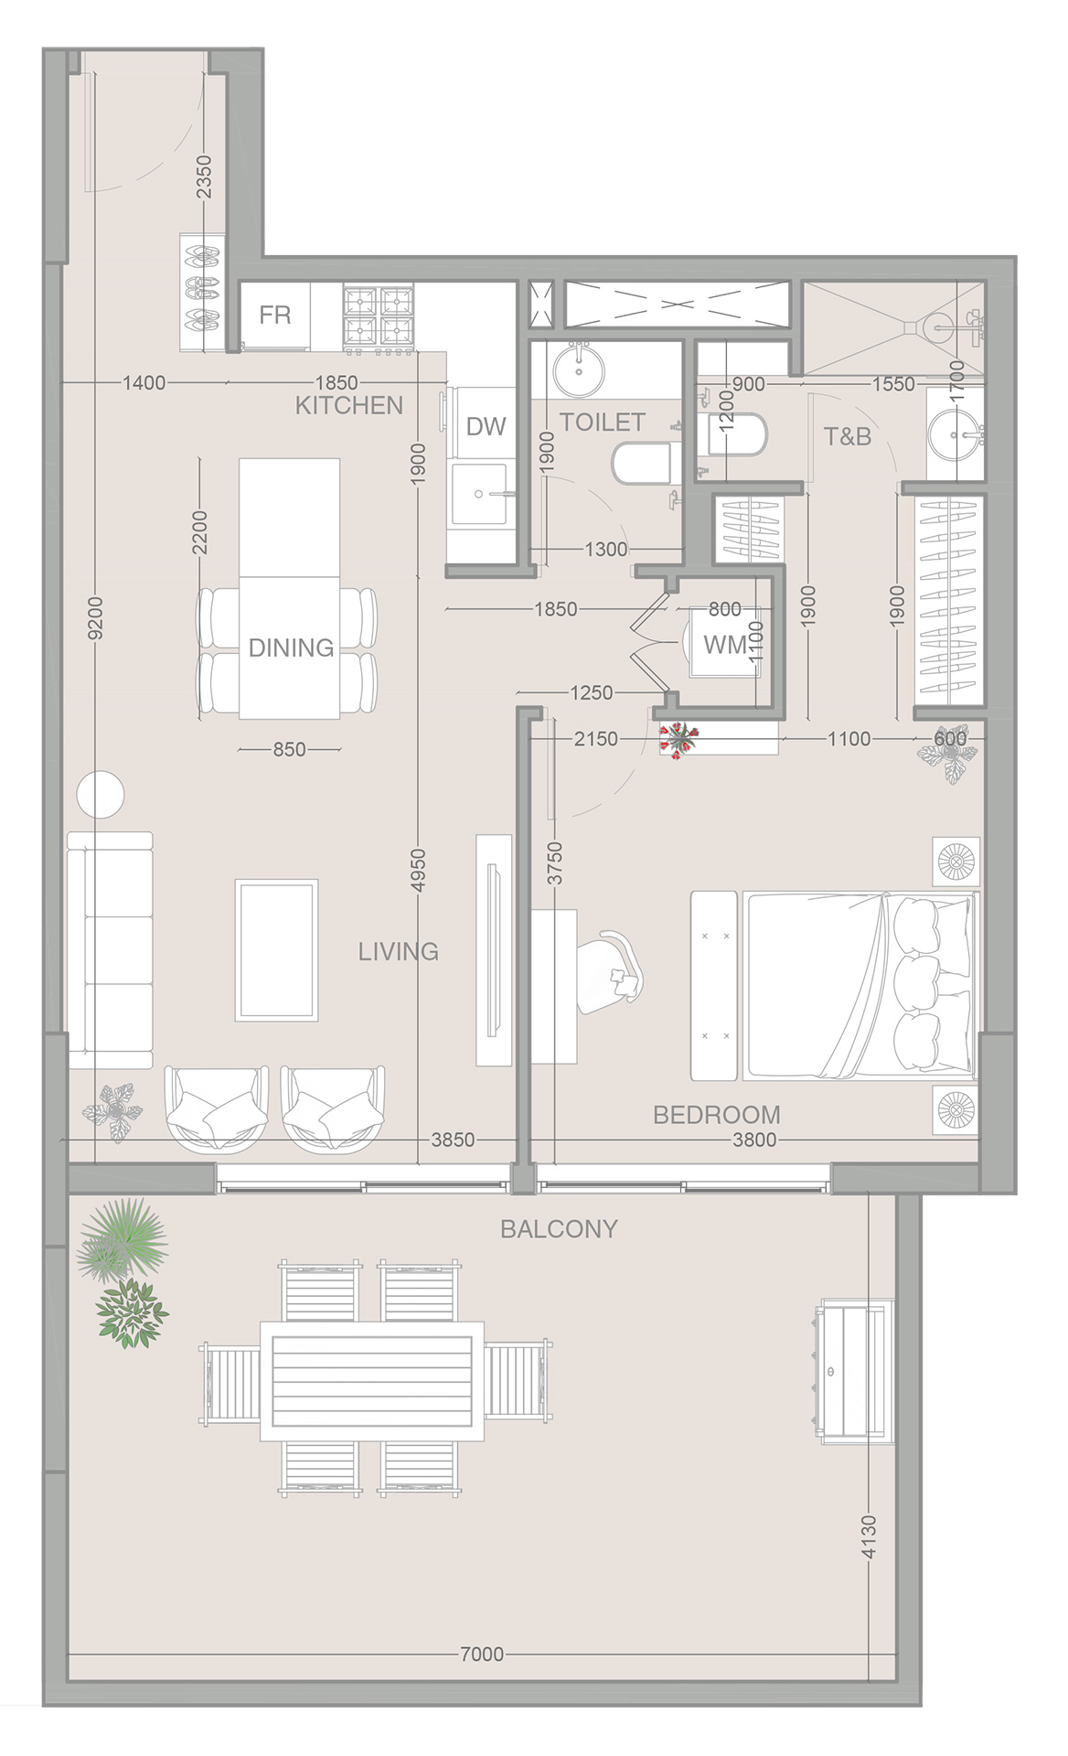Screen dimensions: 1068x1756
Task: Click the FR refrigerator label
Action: tap(275, 316)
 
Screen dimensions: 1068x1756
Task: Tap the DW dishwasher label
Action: tap(486, 426)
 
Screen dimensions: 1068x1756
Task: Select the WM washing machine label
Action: tap(725, 645)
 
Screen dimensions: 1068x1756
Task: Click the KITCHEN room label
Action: tap(348, 405)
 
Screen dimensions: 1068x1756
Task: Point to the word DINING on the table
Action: tap(292, 648)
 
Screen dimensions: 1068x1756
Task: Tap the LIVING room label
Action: tap(398, 951)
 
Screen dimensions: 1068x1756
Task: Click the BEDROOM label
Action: tap(717, 1115)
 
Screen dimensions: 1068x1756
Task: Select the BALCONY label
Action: tap(559, 1228)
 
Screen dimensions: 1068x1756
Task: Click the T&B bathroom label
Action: tap(848, 436)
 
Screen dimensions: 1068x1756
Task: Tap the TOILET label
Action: tap(603, 423)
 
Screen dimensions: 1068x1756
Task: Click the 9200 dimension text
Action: tap(95, 618)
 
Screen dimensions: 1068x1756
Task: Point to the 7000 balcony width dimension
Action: tap(482, 1654)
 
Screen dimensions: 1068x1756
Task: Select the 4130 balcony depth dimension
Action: tap(869, 1536)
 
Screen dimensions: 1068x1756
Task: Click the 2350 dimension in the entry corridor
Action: tap(204, 177)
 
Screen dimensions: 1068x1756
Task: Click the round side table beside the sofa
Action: tap(100, 795)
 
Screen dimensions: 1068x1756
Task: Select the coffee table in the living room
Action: tap(277, 950)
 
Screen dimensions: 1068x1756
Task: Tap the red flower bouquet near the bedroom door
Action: tap(678, 739)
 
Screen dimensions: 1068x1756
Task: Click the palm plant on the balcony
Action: tap(122, 1239)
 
